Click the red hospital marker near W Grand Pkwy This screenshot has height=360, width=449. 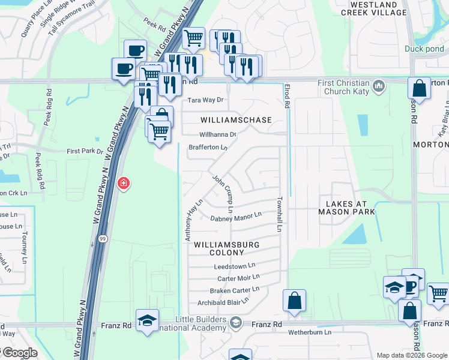click(x=124, y=183)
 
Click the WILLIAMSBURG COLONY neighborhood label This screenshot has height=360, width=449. click(x=223, y=248)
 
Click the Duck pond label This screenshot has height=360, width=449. click(x=424, y=49)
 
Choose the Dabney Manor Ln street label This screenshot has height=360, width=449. click(x=236, y=217)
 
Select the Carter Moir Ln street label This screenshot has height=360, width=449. click(x=238, y=278)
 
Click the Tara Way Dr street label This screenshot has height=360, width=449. click(x=206, y=100)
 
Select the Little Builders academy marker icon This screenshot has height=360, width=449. click(x=236, y=323)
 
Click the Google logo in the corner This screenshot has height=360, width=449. click(x=19, y=353)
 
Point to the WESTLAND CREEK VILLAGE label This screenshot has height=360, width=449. click(x=373, y=8)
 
